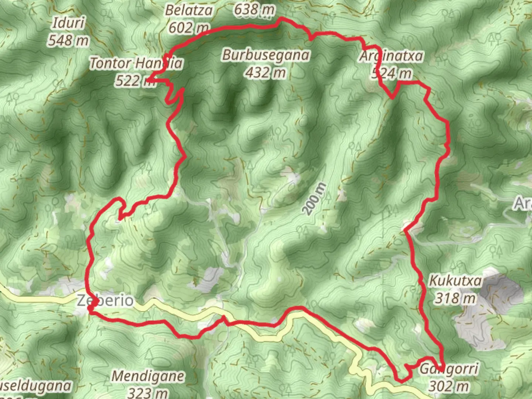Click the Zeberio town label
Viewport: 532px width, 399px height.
(105, 300)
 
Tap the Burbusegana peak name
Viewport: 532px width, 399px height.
(266, 55)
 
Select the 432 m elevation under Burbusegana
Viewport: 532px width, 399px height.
(266, 72)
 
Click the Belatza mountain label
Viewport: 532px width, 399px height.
(189, 10)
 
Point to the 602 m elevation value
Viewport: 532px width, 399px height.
(189, 27)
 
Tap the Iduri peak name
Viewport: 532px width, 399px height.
(69, 23)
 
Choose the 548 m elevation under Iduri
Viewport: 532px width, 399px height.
(68, 40)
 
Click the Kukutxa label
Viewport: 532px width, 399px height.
(455, 281)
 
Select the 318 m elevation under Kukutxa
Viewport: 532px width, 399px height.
(455, 298)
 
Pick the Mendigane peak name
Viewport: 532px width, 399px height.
(148, 376)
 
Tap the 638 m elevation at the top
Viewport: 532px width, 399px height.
(254, 10)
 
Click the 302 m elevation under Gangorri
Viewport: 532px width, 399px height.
(449, 386)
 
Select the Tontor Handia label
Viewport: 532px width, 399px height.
(136, 63)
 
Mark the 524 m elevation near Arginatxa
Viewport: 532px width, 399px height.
(392, 73)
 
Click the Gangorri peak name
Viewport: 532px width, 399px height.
(449, 369)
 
